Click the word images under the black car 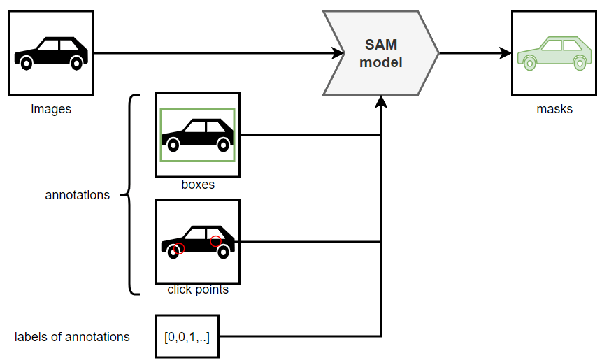(x=51, y=109)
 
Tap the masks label (x=554, y=109)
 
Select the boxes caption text (x=198, y=185)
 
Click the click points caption (x=198, y=289)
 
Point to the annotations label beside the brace (x=78, y=195)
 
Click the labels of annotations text (x=72, y=337)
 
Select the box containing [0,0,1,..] (x=187, y=337)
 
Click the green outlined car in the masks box (x=552, y=53)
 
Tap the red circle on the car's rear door (x=215, y=241)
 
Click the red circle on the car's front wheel (x=178, y=249)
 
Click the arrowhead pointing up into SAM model (x=380, y=102)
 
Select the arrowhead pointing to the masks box (x=506, y=53)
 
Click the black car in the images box (x=51, y=53)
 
